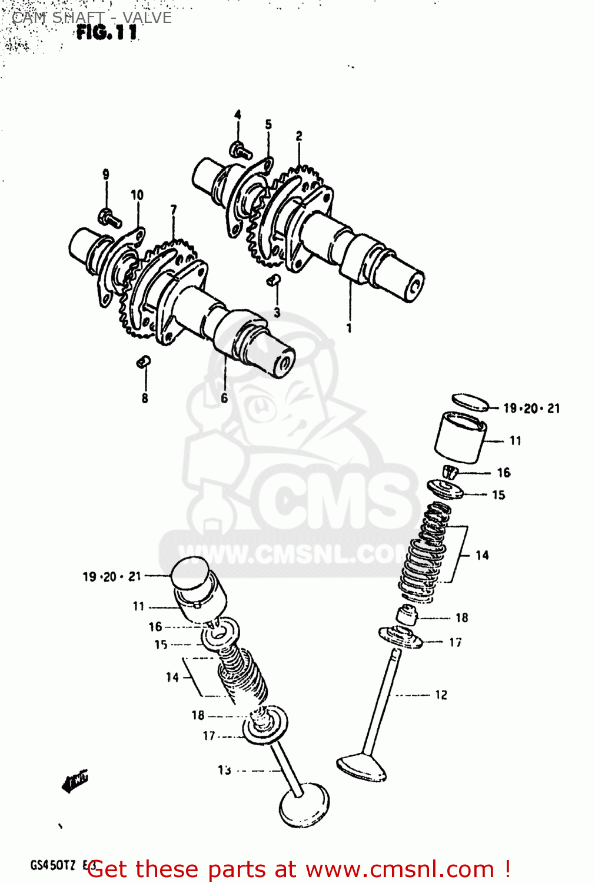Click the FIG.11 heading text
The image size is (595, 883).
107,32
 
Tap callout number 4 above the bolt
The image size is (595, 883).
238,114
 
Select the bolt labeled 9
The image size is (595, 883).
109,218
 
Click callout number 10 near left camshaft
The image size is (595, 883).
137,195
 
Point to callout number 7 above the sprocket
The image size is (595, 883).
174,210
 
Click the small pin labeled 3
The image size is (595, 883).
273,281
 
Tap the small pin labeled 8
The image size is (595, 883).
144,362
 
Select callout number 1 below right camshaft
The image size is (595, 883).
349,328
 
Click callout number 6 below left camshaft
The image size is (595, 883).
224,399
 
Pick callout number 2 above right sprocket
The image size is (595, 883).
299,136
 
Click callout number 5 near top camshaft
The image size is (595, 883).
268,124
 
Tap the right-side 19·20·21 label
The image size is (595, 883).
531,408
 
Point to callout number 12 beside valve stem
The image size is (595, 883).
441,695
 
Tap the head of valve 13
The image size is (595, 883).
304,806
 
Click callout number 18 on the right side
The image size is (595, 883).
462,618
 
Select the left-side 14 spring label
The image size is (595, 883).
172,678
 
